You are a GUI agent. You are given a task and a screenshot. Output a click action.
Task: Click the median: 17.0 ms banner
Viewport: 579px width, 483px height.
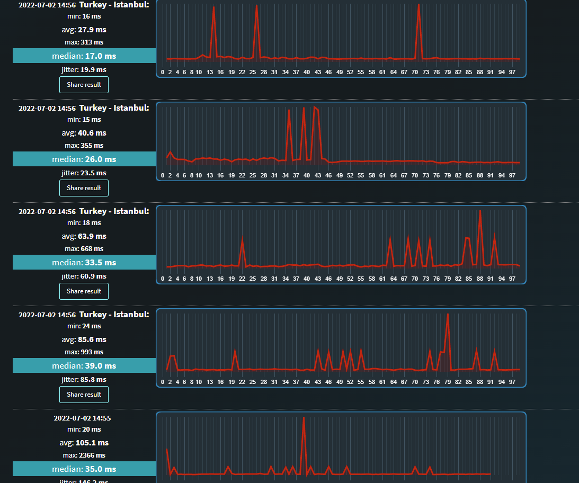click(x=84, y=56)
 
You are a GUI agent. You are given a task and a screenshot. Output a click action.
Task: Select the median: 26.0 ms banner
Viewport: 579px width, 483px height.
click(x=84, y=159)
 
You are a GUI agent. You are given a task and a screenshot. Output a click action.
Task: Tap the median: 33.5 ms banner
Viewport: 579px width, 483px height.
click(x=84, y=262)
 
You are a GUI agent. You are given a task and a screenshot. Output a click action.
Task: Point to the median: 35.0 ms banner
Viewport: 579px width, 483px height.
click(x=84, y=469)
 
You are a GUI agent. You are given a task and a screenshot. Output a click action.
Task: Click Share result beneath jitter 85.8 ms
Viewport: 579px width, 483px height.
click(x=84, y=395)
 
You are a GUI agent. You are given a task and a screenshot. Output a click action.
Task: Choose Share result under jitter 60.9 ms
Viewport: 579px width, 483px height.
click(x=84, y=291)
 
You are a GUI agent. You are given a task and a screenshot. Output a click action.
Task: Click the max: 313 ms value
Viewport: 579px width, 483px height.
click(x=84, y=42)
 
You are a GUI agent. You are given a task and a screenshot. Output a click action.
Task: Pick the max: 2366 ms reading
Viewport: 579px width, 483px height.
click(x=84, y=455)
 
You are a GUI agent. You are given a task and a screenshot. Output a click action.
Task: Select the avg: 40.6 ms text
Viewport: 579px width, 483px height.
click(x=84, y=133)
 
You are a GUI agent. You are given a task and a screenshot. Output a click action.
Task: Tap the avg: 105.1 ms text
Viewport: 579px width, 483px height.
click(x=84, y=443)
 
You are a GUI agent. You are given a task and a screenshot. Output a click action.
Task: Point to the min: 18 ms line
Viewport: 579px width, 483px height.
click(x=84, y=223)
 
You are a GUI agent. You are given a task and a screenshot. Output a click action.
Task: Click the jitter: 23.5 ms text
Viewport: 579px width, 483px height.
click(x=84, y=173)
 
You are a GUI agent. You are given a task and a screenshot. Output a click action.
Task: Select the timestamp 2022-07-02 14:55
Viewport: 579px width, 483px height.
click(x=82, y=418)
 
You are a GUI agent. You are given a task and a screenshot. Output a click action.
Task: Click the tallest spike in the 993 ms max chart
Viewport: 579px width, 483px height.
click(x=448, y=315)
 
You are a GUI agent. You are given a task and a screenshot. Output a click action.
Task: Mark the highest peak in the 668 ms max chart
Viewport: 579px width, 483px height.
click(x=480, y=212)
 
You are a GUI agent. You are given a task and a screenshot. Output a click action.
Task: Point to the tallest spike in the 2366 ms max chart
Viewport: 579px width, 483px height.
click(x=304, y=418)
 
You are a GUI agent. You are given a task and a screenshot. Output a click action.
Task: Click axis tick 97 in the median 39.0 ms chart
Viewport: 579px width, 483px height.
click(x=512, y=382)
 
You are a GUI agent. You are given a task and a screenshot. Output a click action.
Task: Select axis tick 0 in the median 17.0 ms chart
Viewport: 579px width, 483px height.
click(x=163, y=72)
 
